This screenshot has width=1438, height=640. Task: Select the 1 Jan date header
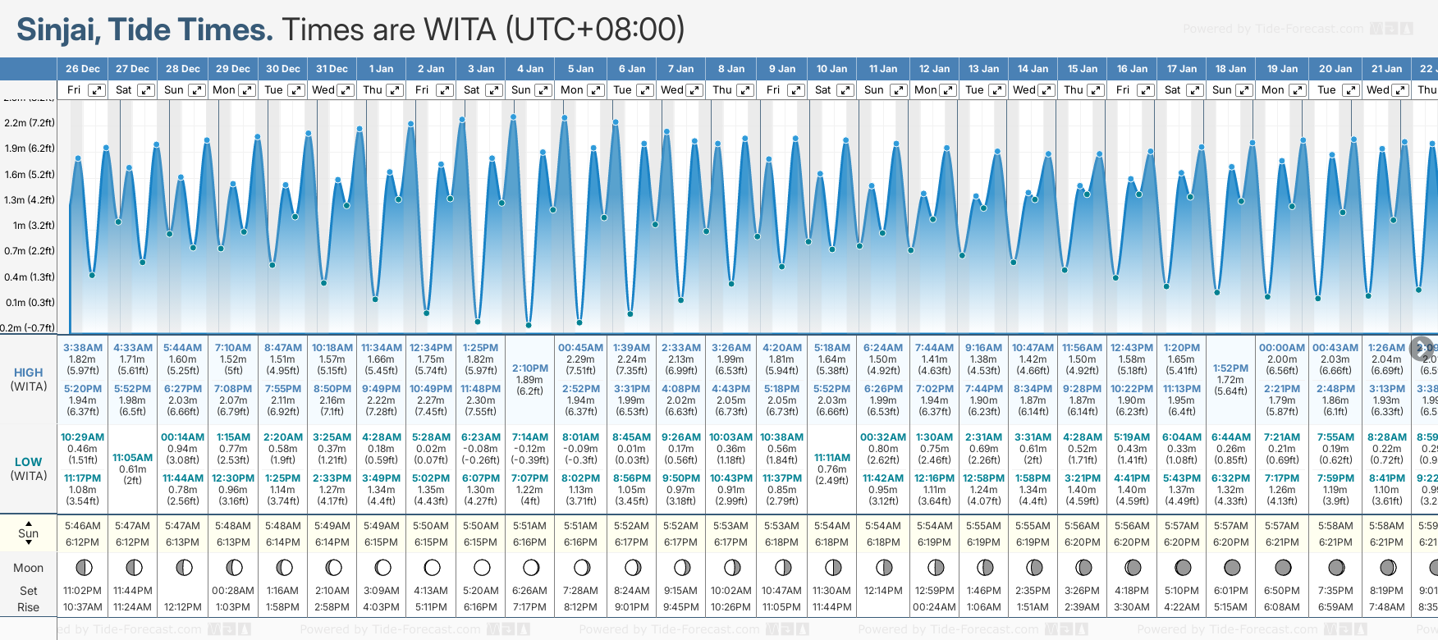381,69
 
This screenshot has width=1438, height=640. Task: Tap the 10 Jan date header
831,69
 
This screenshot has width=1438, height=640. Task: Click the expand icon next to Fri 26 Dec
97,90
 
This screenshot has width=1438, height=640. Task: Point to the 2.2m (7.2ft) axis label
30,123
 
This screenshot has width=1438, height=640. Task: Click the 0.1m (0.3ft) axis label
30,303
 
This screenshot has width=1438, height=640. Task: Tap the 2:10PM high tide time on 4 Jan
530,368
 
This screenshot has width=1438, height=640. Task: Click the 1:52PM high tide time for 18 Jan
1230,368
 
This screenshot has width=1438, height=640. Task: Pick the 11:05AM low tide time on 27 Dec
133,458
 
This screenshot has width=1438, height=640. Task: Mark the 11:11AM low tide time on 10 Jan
832,458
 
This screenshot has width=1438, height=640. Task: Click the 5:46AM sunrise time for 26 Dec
82,526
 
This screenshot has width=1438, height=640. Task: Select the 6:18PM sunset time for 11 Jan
883,542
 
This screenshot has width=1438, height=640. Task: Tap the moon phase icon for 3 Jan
482,568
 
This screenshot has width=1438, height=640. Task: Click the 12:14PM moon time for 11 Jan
883,591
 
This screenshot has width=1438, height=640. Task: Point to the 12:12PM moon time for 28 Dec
183,607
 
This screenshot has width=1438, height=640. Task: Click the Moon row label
29,568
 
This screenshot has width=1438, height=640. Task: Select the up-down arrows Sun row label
29,533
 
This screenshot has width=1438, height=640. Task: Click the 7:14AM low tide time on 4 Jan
530,437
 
